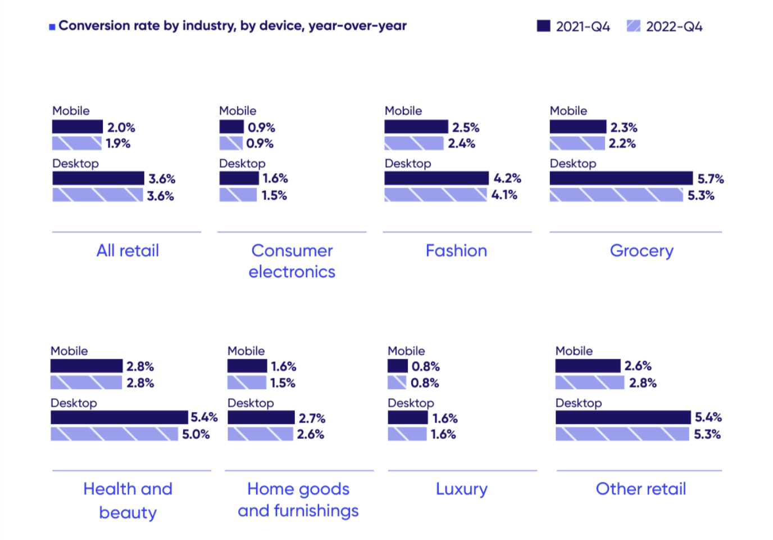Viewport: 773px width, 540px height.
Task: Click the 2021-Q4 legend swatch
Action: (543, 26)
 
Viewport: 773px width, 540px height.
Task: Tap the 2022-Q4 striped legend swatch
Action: (633, 26)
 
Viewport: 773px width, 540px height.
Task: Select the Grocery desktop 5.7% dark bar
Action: (621, 178)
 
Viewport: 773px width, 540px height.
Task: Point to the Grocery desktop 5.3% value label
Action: (701, 196)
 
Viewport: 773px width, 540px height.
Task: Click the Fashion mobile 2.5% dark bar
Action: (416, 127)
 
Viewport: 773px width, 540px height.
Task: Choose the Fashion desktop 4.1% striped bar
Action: (435, 195)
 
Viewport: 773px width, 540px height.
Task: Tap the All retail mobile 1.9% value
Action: (118, 143)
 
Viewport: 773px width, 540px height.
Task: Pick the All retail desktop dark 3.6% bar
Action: (98, 178)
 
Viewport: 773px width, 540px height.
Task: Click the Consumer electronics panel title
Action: (292, 261)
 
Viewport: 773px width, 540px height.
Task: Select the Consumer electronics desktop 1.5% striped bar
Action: (238, 195)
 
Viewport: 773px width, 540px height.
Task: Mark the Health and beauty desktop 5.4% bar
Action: (119, 417)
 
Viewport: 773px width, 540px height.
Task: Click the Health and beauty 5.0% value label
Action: (195, 434)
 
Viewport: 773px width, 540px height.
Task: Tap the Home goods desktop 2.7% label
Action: (312, 418)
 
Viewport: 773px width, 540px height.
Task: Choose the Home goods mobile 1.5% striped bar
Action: (247, 383)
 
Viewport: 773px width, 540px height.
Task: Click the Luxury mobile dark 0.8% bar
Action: (397, 366)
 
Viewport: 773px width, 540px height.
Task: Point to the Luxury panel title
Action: (462, 489)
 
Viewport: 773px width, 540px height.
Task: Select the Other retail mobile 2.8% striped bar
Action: (589, 383)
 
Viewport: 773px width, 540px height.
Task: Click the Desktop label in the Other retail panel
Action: (578, 403)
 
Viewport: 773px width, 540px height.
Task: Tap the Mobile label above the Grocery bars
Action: (568, 111)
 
